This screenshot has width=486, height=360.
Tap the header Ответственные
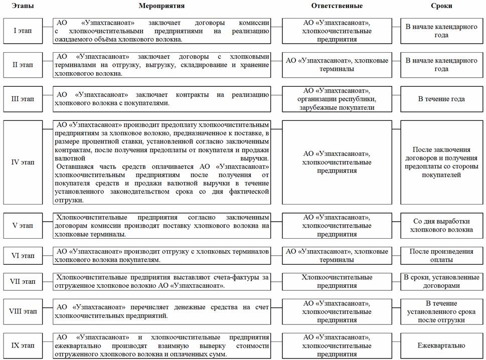tap(337, 6)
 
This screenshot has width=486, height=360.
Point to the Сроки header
tap(441, 6)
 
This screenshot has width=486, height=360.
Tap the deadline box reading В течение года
tap(441, 99)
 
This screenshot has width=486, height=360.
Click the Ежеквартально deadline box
tap(441, 345)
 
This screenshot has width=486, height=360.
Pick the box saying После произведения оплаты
tap(441, 256)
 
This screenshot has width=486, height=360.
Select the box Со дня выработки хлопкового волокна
tap(441, 226)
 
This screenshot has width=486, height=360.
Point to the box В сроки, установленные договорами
tap(441, 281)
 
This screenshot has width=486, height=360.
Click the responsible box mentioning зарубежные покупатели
tap(337, 99)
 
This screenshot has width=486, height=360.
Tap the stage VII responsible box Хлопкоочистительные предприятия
tap(337, 281)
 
